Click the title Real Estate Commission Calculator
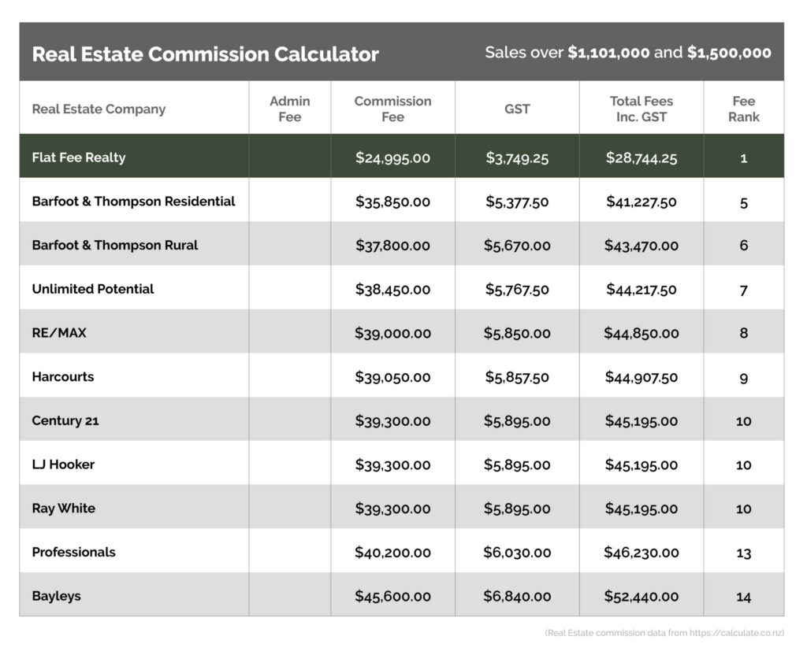[205, 54]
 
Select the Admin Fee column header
[289, 109]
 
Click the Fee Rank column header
[743, 109]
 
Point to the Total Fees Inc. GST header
[641, 109]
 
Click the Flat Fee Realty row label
[79, 157]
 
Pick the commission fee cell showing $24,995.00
[392, 157]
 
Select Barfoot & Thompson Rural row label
[115, 245]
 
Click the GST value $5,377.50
[517, 202]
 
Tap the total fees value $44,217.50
[641, 289]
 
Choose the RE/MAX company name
[59, 333]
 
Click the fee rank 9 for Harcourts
[743, 378]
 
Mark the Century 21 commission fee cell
[392, 421]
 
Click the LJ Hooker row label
[63, 464]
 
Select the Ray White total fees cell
[641, 509]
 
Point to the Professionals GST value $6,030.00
[517, 553]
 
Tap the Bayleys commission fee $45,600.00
[392, 597]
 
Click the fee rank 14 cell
[743, 597]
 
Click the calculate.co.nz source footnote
[664, 633]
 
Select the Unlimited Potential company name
[93, 289]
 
